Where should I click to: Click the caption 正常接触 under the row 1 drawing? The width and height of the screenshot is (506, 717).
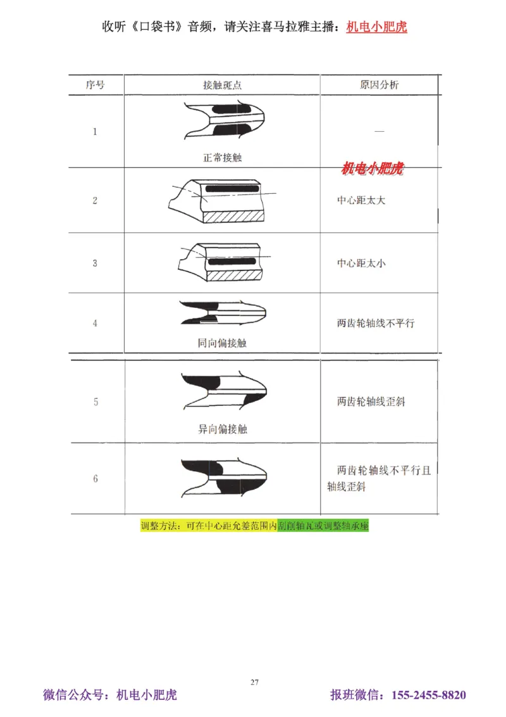[x=222, y=158]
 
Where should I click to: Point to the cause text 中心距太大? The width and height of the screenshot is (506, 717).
[x=361, y=200]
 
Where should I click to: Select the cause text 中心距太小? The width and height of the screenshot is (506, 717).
[x=361, y=263]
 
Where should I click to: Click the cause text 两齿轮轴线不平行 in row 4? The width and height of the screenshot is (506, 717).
[x=376, y=323]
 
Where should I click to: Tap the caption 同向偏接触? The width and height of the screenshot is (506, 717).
[x=222, y=343]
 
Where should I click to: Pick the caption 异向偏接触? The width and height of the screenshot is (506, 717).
[x=222, y=429]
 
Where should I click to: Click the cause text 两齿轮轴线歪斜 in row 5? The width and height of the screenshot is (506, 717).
[x=371, y=402]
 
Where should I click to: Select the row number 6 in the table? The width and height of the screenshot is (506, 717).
[x=96, y=479]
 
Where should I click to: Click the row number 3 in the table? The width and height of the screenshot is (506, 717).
[x=96, y=263]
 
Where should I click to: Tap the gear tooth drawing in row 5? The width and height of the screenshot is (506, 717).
[x=225, y=390]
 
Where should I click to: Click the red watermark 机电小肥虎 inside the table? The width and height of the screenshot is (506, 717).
[x=372, y=169]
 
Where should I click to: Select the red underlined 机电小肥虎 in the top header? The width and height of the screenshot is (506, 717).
[x=376, y=27]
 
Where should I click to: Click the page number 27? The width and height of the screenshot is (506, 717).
[x=254, y=682]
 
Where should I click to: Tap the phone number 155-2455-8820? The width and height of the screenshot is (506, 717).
[x=429, y=695]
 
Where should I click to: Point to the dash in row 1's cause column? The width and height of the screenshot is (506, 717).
[x=379, y=131]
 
